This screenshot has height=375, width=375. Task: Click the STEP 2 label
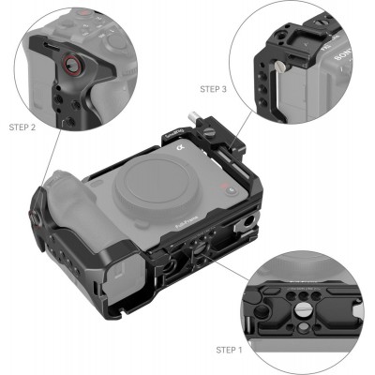23,125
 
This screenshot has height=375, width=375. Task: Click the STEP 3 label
213,89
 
